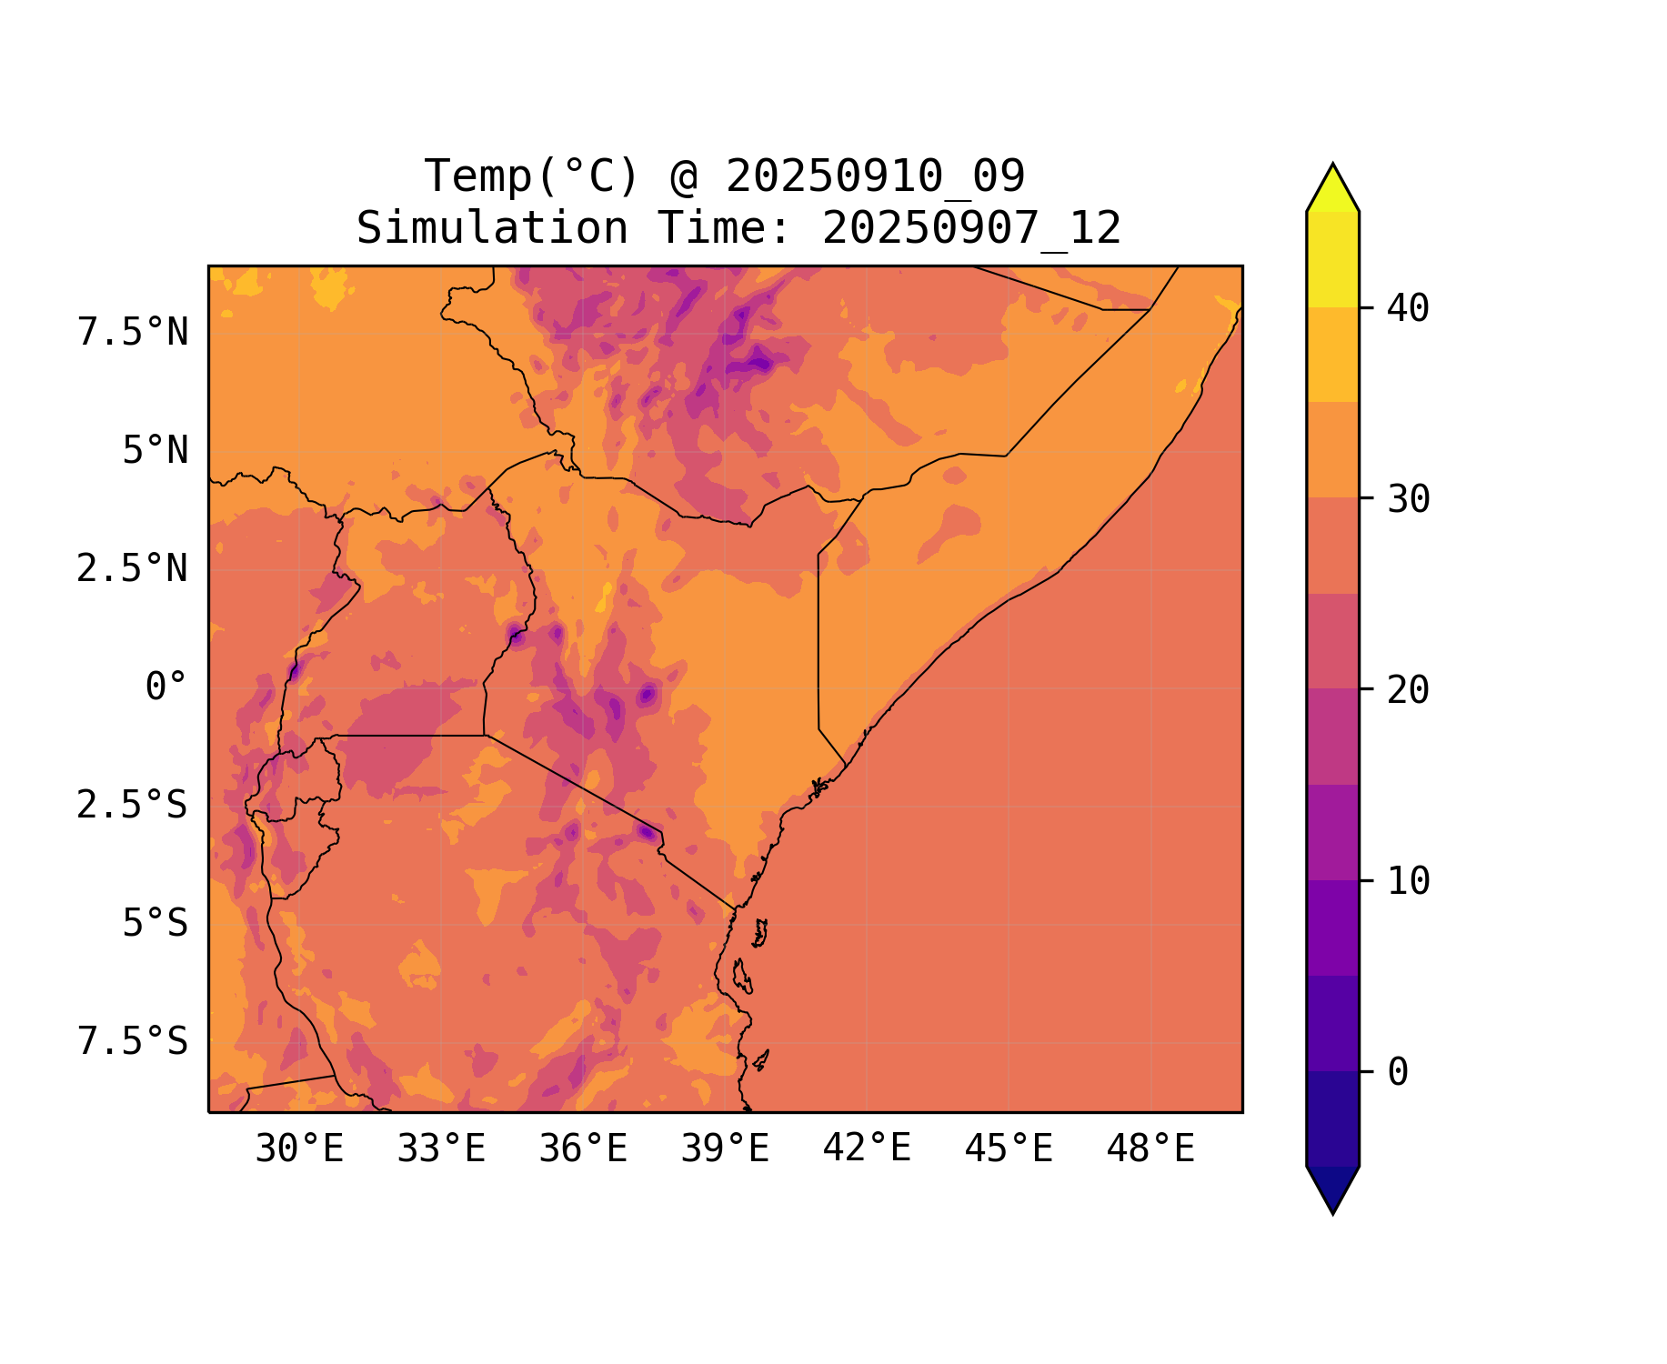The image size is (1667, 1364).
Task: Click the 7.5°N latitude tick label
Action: click(133, 333)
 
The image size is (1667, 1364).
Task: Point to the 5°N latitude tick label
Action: click(156, 451)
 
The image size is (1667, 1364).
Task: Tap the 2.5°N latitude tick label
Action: click(133, 569)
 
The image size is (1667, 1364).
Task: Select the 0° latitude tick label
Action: click(166, 687)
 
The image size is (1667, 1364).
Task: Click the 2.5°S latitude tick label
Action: click(133, 806)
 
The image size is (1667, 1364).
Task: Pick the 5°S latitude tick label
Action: click(156, 924)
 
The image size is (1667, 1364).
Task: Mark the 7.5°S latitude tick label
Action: click(133, 1042)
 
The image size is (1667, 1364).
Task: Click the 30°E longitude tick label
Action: click(299, 1149)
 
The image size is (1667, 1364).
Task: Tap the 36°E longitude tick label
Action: click(583, 1149)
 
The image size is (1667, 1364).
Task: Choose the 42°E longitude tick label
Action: click(867, 1149)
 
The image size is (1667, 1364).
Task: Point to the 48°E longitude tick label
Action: click(1150, 1149)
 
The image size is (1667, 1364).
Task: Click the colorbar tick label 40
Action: click(1408, 309)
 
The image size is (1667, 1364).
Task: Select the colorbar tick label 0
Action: click(1398, 1073)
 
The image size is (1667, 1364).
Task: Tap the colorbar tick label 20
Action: click(1408, 691)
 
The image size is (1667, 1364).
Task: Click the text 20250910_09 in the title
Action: click(875, 176)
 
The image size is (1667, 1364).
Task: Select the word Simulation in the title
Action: click(492, 228)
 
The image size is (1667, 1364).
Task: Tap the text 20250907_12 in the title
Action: click(971, 228)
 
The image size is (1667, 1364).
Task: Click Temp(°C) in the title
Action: click(531, 176)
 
